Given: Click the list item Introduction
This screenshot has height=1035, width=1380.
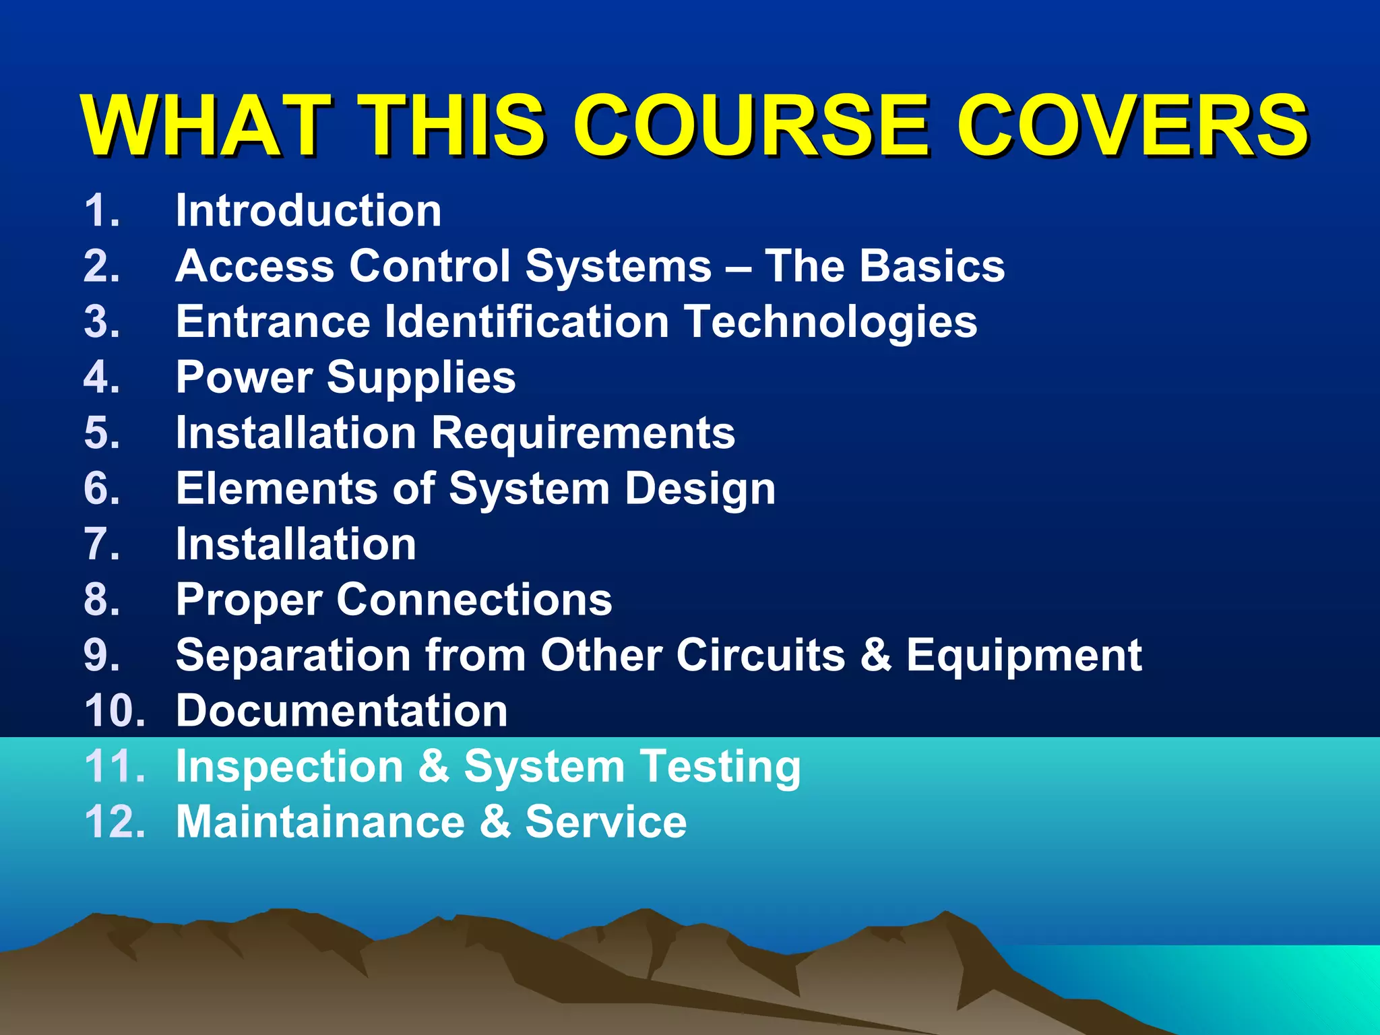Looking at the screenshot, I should [308, 211].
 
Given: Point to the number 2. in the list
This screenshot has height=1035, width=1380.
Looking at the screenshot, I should [102, 266].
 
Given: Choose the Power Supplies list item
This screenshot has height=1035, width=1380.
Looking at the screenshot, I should [346, 377].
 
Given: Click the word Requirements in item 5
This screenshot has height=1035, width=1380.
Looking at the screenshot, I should [583, 433].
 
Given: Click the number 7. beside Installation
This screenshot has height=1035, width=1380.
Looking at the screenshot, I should [102, 544].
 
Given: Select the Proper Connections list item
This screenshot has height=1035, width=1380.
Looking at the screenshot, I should [394, 600].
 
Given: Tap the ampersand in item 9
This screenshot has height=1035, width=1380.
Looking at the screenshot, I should [875, 655].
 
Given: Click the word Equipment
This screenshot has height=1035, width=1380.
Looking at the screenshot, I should [1024, 656].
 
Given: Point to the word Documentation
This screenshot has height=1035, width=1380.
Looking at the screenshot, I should [342, 711].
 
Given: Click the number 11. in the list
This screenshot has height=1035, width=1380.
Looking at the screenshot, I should [115, 767].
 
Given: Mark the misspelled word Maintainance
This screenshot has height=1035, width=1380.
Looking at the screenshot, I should [320, 822].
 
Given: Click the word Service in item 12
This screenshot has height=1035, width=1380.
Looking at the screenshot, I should [606, 822].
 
